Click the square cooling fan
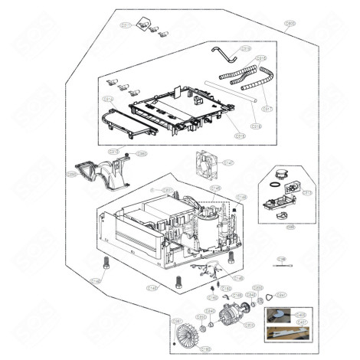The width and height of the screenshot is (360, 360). point(207,163)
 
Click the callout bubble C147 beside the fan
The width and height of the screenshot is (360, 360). point(228,162)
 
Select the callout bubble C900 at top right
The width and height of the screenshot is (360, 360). point(290,25)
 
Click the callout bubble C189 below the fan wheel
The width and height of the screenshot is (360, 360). point(205,349)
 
